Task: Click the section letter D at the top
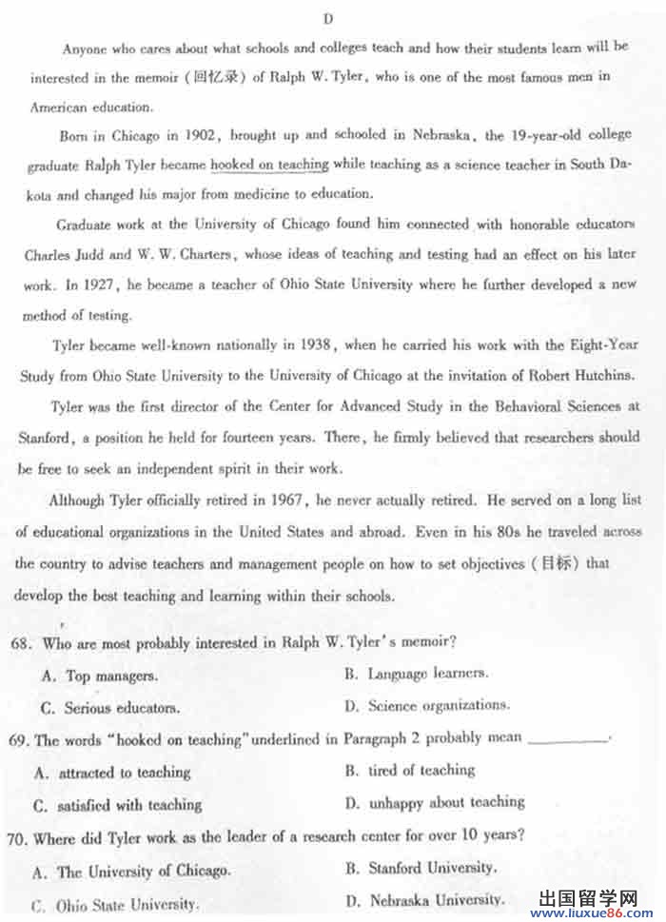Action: pyautogui.click(x=327, y=19)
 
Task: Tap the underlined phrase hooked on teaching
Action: pyautogui.click(x=269, y=165)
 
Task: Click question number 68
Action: pyautogui.click(x=22, y=643)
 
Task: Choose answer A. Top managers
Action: pyautogui.click(x=101, y=677)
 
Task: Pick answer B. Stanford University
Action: pyautogui.click(x=420, y=868)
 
